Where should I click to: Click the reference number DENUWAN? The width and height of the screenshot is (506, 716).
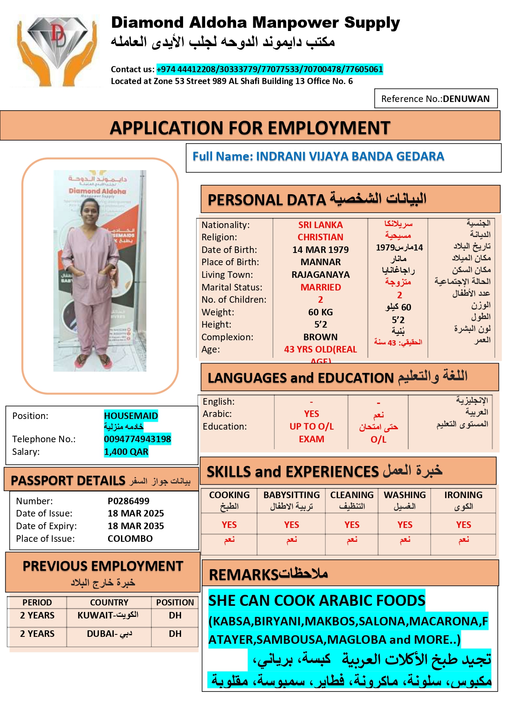click(x=466, y=99)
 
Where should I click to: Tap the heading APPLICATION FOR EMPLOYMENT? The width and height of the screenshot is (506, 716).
click(x=250, y=128)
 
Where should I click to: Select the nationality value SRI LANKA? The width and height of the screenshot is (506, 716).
click(x=320, y=225)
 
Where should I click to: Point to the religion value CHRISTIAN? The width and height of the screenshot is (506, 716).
click(x=320, y=237)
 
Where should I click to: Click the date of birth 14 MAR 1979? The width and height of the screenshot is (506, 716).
click(x=320, y=250)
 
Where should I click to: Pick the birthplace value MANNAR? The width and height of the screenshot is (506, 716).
click(x=320, y=262)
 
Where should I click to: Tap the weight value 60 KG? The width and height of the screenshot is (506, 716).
click(x=320, y=312)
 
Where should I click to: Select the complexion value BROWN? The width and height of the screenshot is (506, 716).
click(x=320, y=337)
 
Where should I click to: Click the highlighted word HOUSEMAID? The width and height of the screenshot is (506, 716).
click(x=131, y=416)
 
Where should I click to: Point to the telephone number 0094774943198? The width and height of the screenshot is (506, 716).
click(x=137, y=439)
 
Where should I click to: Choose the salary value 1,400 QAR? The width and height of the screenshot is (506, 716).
click(x=126, y=452)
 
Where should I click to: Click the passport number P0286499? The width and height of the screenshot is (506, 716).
click(x=128, y=501)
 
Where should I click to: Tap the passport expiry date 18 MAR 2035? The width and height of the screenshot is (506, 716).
click(x=136, y=526)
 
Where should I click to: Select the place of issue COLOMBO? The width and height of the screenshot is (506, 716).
click(x=130, y=539)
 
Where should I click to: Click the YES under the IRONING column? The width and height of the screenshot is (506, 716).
click(x=464, y=525)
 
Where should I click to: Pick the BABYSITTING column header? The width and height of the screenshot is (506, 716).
click(x=292, y=495)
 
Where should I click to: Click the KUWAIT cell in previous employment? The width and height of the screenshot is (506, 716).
click(x=108, y=615)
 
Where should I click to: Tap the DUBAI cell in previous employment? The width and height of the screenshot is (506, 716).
click(x=109, y=634)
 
